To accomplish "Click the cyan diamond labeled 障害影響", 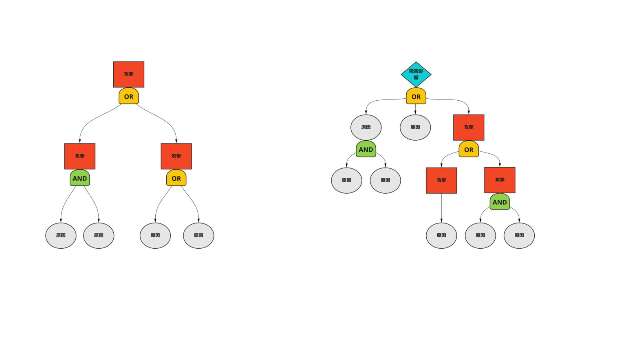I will click(416, 74).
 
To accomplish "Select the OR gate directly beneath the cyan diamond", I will click(416, 97).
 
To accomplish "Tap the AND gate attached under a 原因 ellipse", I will click(366, 150).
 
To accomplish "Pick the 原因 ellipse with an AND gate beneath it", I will click(366, 127).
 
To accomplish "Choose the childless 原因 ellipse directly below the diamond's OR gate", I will click(415, 127).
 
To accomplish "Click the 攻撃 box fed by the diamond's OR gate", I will click(468, 127).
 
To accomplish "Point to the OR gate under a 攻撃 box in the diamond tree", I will click(468, 150).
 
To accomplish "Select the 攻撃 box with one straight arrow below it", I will click(441, 180).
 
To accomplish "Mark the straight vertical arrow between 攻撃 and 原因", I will click(441, 208).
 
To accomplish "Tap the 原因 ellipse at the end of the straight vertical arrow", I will click(441, 235).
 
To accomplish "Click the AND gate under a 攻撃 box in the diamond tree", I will click(499, 202).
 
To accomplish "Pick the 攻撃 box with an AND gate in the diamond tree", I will click(499, 180).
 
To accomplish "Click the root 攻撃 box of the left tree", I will click(128, 74).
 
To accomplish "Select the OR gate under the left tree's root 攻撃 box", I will click(128, 97).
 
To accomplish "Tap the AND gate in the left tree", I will click(79, 179).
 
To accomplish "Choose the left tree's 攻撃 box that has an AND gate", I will click(79, 156).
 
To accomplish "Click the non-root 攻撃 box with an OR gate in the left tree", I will click(176, 156).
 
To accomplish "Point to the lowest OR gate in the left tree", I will click(176, 179).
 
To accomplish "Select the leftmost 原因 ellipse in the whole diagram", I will click(61, 235).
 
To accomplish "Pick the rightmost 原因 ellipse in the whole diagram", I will click(519, 235).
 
